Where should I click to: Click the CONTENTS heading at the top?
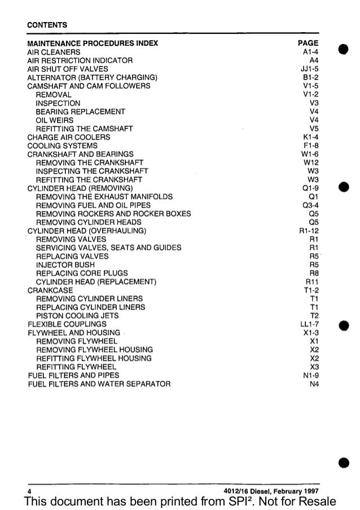47,25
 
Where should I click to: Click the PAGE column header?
308,43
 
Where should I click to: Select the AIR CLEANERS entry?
54,51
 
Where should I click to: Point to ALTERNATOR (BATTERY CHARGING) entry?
92,77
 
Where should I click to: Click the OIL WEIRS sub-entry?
55,120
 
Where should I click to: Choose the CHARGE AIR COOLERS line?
69,137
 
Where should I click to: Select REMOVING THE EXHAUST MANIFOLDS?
104,196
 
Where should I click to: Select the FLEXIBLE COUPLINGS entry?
67,324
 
